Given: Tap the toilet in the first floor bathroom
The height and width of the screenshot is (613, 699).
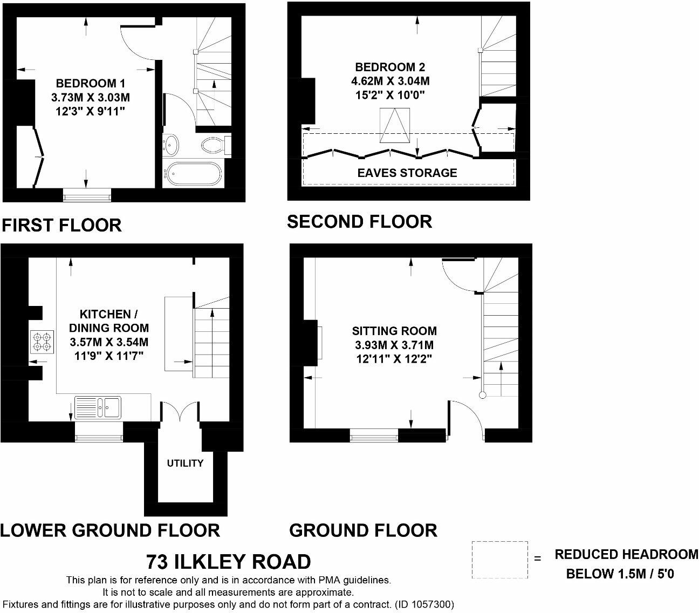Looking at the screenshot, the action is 215,145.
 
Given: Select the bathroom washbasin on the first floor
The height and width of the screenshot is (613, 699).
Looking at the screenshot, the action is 171,144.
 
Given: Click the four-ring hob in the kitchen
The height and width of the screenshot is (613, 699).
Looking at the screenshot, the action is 42,342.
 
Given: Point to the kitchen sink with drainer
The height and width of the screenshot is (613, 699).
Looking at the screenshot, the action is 98,407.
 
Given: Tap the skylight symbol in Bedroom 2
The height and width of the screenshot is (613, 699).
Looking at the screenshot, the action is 395,125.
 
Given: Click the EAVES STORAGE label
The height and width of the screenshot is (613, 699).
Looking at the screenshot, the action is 407,173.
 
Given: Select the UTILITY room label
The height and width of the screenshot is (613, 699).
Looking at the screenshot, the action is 186,463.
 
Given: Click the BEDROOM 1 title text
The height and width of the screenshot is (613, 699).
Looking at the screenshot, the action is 91,83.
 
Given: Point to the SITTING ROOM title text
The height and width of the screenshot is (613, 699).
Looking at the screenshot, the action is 394,331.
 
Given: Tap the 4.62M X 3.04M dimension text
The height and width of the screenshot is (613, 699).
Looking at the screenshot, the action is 390,81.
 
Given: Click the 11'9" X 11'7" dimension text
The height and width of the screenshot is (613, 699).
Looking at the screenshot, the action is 109,356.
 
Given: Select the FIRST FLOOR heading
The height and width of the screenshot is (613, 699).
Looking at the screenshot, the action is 62,226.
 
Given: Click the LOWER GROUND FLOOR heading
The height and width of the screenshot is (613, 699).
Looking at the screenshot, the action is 110,531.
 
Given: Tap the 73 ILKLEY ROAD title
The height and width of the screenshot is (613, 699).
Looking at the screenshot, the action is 228,562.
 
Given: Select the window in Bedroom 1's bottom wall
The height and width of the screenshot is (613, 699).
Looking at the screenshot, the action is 87,195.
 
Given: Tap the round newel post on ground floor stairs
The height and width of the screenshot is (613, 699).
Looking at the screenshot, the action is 482,395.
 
